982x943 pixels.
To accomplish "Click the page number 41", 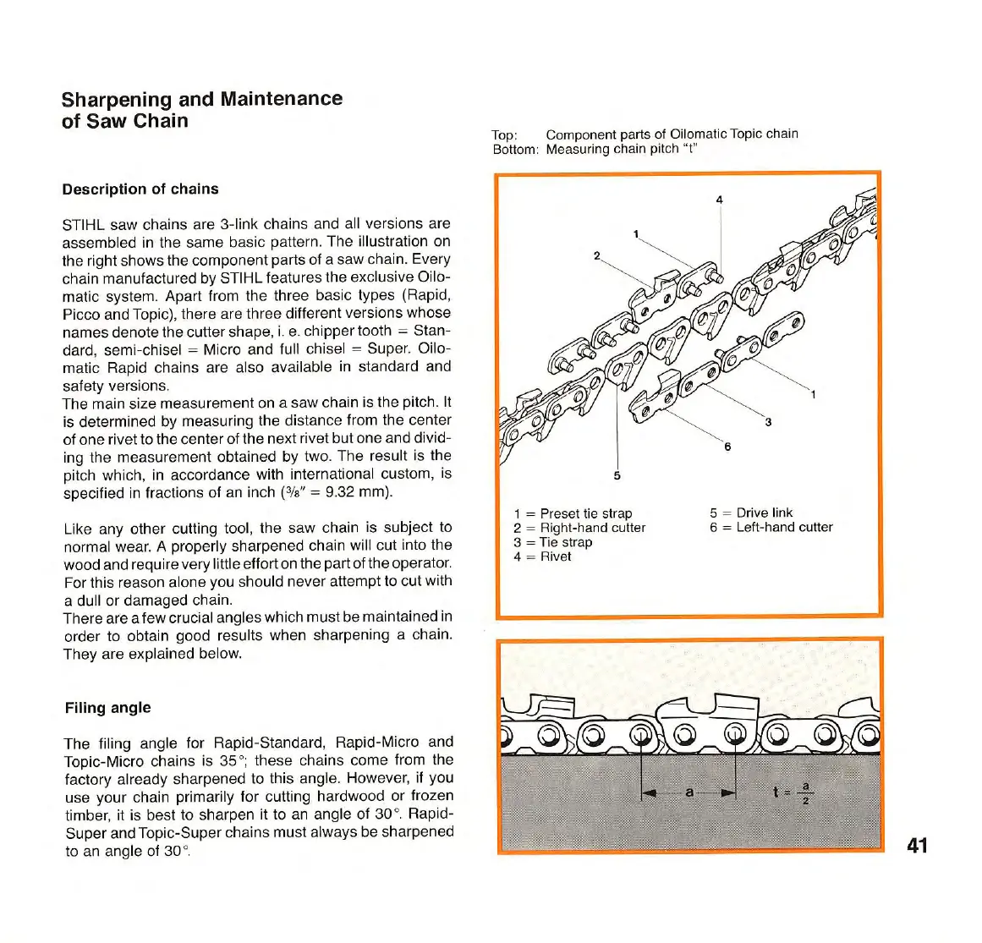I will [917, 845].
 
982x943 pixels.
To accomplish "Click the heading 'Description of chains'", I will [140, 189].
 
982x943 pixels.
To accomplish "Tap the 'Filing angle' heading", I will [107, 708].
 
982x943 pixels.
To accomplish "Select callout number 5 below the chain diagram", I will [617, 475].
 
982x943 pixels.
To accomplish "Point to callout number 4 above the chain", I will [720, 200].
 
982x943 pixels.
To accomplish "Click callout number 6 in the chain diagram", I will [727, 447].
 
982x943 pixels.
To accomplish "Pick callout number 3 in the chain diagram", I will [768, 422].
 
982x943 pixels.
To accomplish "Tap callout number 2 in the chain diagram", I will [597, 255].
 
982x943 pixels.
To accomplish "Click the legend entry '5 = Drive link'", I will [751, 513].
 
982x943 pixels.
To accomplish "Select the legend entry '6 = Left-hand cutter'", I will [771, 527].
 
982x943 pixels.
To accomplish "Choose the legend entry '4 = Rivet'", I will [542, 556].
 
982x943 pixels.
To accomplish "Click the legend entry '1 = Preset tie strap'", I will [573, 513].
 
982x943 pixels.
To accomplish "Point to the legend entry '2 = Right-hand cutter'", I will [579, 528].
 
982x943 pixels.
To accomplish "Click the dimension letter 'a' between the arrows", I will [689, 792].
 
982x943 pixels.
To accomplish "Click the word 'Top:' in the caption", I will [504, 134].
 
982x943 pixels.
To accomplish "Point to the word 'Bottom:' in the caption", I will [515, 150].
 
